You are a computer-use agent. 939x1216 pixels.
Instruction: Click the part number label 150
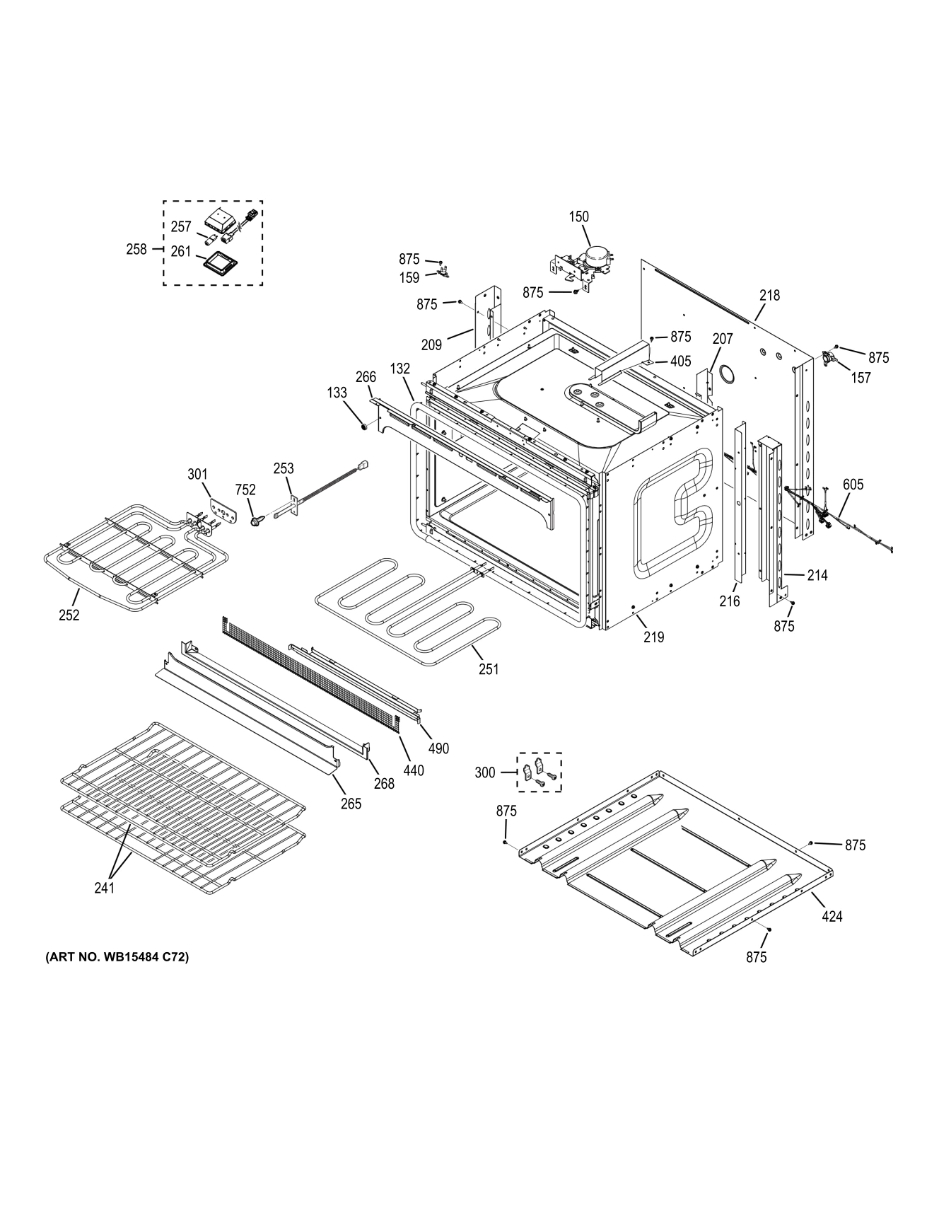click(x=578, y=216)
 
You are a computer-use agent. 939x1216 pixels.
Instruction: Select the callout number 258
click(x=136, y=249)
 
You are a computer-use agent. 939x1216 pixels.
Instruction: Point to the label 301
click(x=198, y=473)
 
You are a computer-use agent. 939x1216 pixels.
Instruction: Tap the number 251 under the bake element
click(x=488, y=668)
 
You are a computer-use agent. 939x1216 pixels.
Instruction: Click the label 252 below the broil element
click(x=69, y=615)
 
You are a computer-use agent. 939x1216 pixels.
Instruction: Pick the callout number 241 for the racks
click(x=105, y=888)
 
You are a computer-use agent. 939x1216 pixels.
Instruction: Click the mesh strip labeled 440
click(x=311, y=679)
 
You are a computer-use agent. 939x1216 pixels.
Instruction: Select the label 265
click(x=351, y=803)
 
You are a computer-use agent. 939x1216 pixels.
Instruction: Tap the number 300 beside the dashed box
click(x=485, y=772)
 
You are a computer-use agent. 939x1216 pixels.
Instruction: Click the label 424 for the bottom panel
click(x=832, y=916)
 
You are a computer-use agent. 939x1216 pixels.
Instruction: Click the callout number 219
click(x=654, y=637)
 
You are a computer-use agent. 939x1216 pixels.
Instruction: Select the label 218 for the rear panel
click(x=769, y=295)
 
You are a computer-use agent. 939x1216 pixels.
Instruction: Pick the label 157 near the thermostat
click(x=861, y=378)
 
